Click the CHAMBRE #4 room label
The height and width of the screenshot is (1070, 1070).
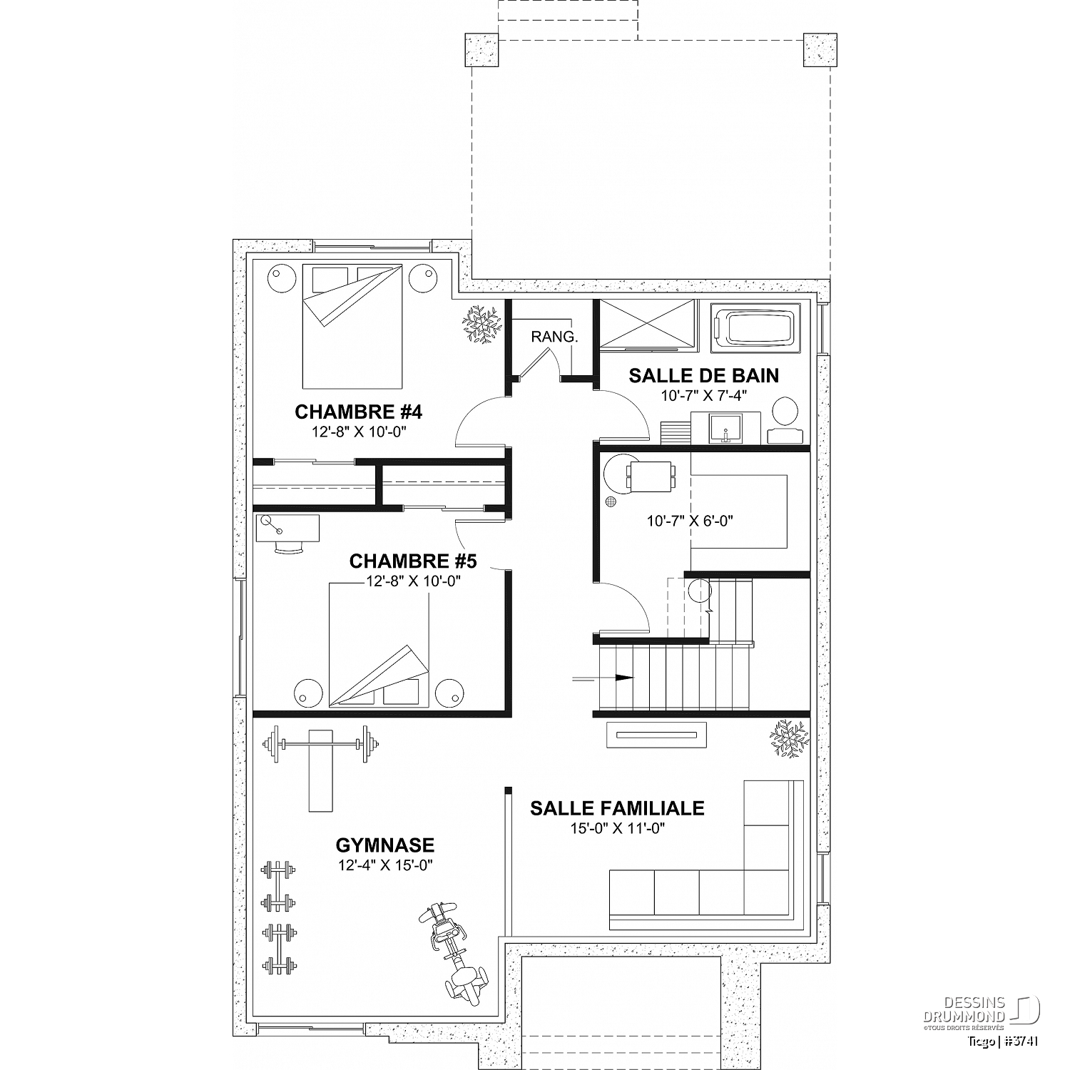pyautogui.click(x=359, y=412)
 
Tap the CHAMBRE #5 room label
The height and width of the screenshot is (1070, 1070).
pyautogui.click(x=413, y=561)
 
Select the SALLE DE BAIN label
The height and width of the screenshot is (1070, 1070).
pyautogui.click(x=704, y=376)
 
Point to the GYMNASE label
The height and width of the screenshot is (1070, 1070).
pyautogui.click(x=385, y=845)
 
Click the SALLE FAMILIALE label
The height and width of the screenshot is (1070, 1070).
pyautogui.click(x=617, y=808)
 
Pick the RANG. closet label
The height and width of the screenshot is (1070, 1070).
pyautogui.click(x=554, y=337)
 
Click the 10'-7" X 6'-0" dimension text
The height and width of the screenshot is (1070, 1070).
pyautogui.click(x=690, y=521)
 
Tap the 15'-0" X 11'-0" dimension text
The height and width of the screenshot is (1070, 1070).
pyautogui.click(x=618, y=828)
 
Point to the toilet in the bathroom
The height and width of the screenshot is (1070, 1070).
pyautogui.click(x=785, y=421)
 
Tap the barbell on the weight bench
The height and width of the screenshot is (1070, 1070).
pyautogui.click(x=320, y=746)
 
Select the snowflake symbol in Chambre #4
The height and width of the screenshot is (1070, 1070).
pyautogui.click(x=482, y=325)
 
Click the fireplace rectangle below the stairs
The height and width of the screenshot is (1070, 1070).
pyautogui.click(x=656, y=735)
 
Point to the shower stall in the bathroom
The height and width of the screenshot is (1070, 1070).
pyautogui.click(x=646, y=325)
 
